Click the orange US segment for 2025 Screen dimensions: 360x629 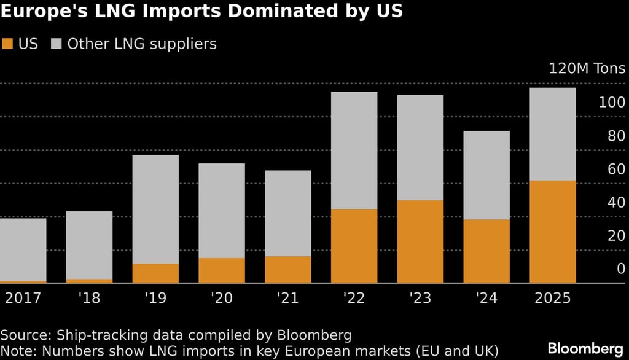click(552, 232)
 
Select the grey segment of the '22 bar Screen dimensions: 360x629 click(354, 151)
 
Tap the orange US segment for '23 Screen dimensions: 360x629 click(420, 241)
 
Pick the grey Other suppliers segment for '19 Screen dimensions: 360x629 click(155, 209)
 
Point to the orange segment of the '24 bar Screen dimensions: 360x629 click(486, 251)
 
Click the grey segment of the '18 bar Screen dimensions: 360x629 click(89, 245)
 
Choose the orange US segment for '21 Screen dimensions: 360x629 click(287, 270)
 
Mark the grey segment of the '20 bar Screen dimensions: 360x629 click(222, 211)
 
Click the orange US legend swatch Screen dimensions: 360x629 click(7, 44)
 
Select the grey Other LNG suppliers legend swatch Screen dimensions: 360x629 click(57, 44)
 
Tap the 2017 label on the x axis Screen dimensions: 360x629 click(23, 299)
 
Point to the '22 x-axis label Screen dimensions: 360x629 click(354, 299)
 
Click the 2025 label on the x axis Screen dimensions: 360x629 click(552, 299)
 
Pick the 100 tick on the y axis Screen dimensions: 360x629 click(611, 103)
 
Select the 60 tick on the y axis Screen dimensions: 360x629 click(615, 169)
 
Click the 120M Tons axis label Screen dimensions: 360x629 click(587, 68)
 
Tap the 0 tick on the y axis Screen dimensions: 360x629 click(620, 268)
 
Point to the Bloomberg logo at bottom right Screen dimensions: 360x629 click(585, 348)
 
